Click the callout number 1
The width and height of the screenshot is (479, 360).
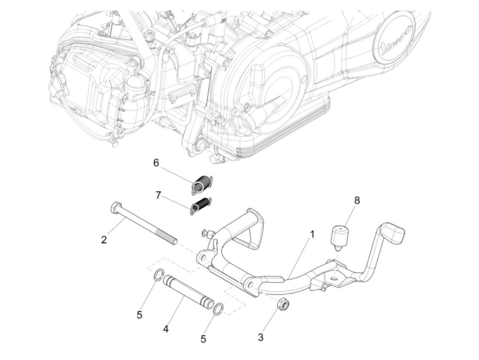point(312,235)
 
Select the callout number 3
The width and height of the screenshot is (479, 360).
point(261,337)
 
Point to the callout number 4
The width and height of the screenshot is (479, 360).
point(166,329)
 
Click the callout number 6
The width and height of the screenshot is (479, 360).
point(156,163)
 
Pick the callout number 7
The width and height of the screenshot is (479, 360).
point(158,195)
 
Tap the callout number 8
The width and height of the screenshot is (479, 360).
point(357,201)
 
